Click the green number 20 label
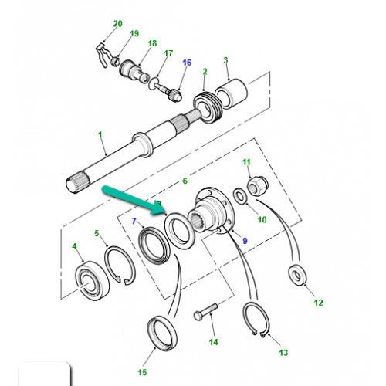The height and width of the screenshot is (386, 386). (118, 24)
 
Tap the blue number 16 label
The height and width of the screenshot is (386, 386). (187, 63)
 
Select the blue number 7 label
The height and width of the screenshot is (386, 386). (134, 221)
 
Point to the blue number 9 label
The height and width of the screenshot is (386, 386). (245, 241)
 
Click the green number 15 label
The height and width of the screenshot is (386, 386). (142, 372)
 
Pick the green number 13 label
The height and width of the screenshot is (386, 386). (283, 353)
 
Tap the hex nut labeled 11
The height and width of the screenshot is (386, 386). (258, 185)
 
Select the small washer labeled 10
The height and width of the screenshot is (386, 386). (240, 197)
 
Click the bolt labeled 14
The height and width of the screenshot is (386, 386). (205, 312)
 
